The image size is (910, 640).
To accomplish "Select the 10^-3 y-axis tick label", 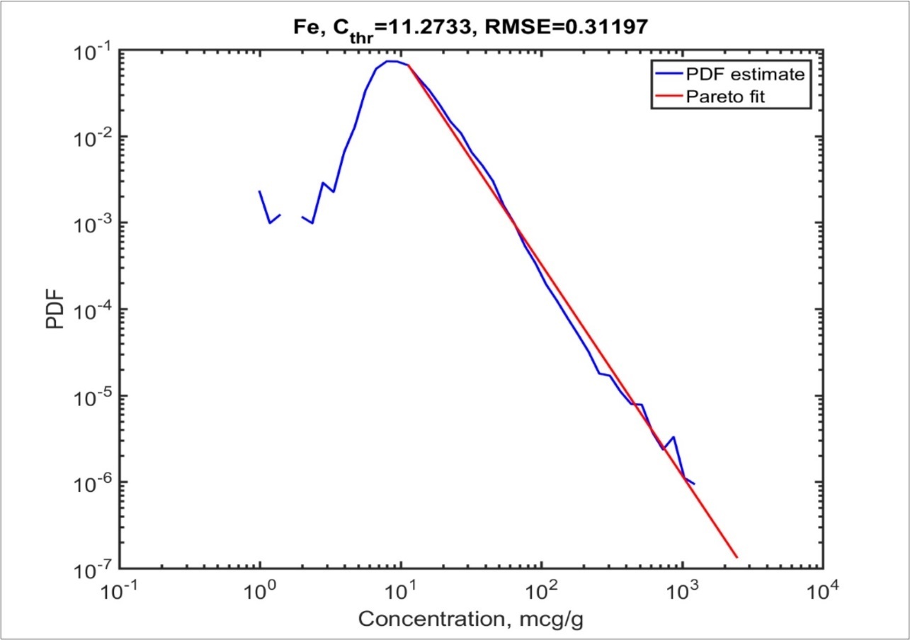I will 93,224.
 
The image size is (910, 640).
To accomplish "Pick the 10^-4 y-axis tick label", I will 93,310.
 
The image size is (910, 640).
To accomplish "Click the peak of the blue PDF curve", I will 389,61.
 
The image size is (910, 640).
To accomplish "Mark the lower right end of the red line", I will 737,557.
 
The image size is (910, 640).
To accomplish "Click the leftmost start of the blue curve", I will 260,191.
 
